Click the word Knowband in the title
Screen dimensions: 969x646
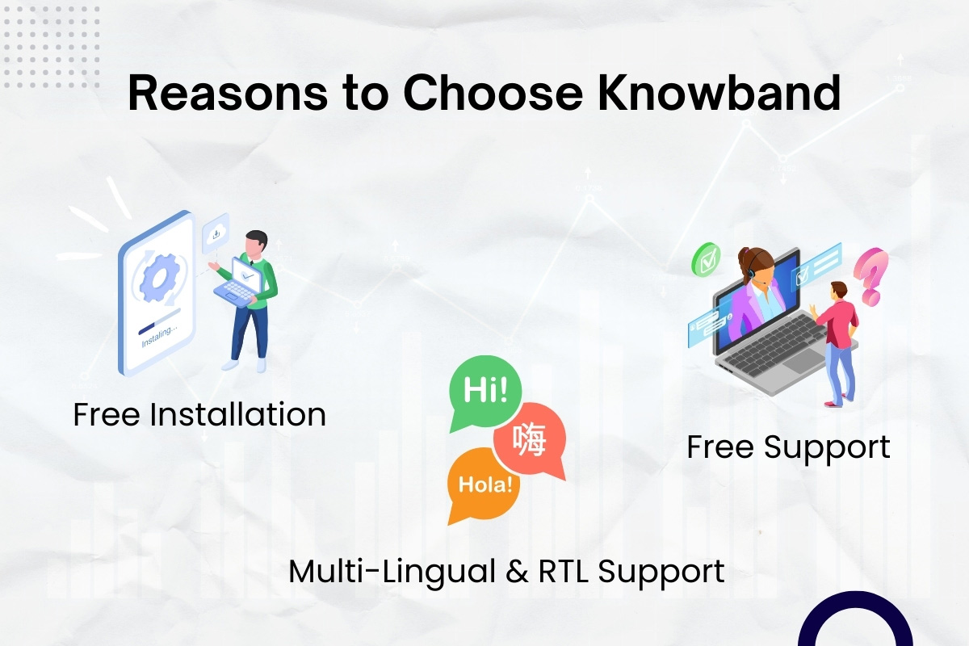tap(719, 93)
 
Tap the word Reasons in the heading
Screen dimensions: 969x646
tap(228, 94)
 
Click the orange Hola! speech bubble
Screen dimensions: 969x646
tap(484, 485)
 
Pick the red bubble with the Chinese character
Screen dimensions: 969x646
tap(531, 439)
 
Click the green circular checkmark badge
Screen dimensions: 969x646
tap(706, 260)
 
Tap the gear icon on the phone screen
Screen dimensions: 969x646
tap(159, 277)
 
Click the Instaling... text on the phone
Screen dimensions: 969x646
tap(159, 336)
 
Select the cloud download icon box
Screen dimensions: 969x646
tap(216, 233)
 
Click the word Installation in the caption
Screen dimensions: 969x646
tap(237, 414)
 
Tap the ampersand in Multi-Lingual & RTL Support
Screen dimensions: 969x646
tap(517, 571)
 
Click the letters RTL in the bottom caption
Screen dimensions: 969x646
tap(564, 571)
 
